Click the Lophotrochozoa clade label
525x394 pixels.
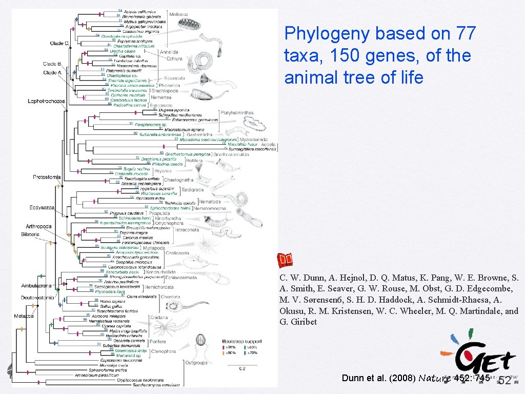point(46,101)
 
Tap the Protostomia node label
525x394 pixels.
point(47,177)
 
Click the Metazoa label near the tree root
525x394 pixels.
point(24,316)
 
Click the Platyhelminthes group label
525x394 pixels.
point(237,112)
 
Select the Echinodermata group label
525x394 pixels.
point(180,278)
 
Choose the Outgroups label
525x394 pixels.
point(196,363)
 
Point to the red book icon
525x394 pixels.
point(285,261)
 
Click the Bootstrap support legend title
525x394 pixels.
point(242,341)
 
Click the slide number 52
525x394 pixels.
point(504,381)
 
